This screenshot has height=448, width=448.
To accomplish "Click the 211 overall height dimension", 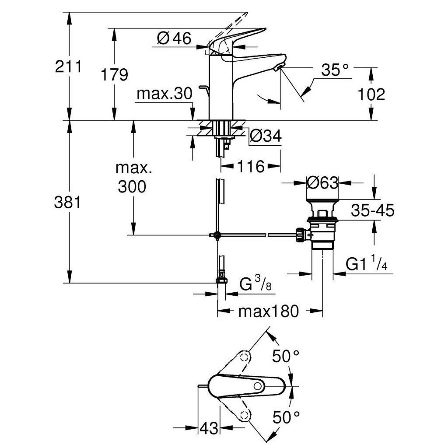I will tap(68, 67).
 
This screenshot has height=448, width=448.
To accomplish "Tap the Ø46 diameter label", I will tap(174, 39).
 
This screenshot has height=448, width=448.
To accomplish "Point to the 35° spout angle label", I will tap(335, 70).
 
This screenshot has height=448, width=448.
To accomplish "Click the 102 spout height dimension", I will tap(371, 94).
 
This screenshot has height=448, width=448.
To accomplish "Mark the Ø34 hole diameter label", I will tap(265, 137).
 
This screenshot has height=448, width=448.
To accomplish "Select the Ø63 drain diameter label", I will tap(323, 182).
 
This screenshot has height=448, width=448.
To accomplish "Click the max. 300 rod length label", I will tap(131, 178).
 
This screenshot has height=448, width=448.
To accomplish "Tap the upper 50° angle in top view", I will tap(287, 356).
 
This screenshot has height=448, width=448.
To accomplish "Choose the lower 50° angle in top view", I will tap(287, 417).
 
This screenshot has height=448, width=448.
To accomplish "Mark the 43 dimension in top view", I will tap(209, 428).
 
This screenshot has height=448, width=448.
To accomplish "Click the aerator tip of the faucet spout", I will tap(279, 66).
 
